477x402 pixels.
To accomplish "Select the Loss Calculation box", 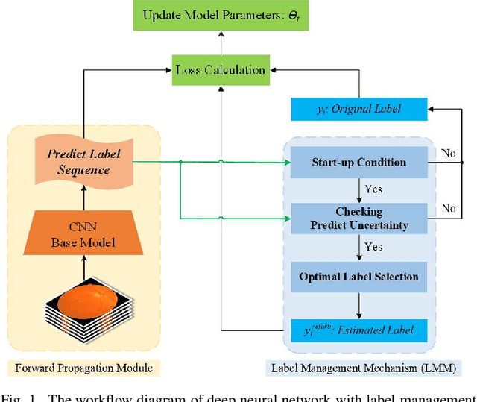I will [221, 70].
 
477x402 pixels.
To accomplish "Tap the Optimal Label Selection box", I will [358, 277].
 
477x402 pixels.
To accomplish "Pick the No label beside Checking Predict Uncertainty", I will [449, 208].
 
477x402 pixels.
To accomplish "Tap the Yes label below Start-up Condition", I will [374, 189].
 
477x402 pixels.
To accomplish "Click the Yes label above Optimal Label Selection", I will [374, 247].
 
